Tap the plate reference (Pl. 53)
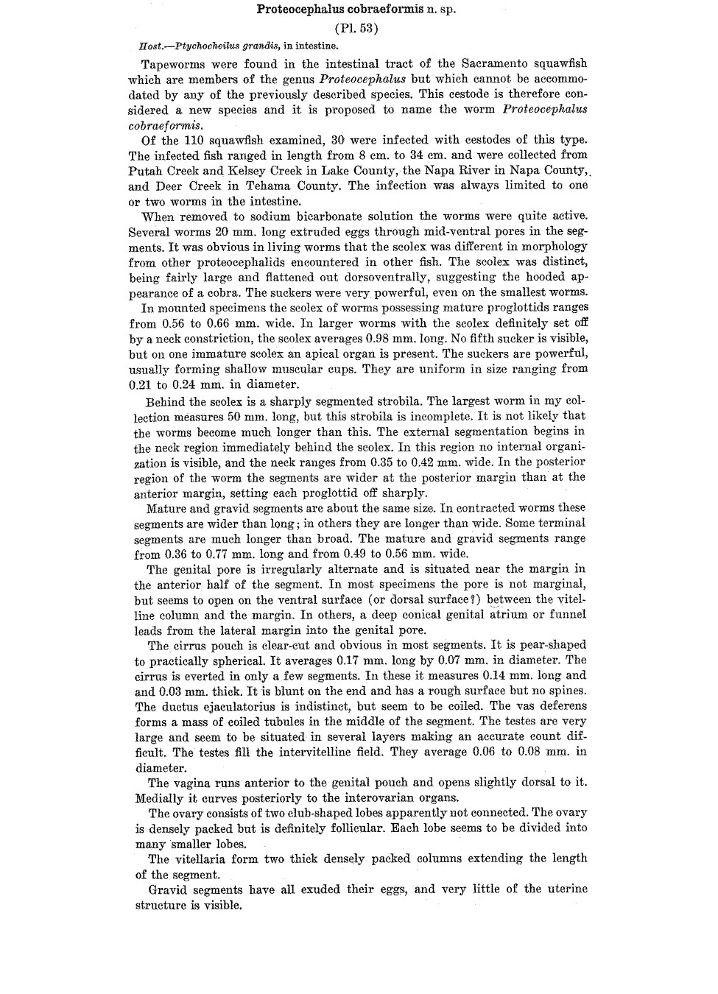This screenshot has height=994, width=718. (356, 29)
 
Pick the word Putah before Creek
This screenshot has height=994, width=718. (144, 171)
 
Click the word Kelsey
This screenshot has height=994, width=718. (253, 171)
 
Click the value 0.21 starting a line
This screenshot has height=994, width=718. (140, 384)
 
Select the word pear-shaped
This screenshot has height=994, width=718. (551, 645)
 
